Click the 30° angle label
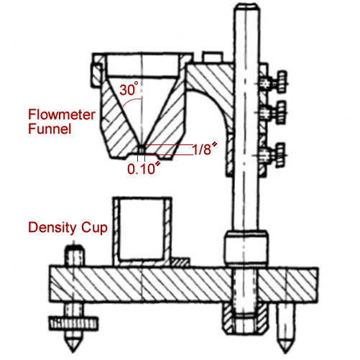[129, 89]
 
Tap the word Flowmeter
[62, 114]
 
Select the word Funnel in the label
[50, 129]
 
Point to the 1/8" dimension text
[205, 149]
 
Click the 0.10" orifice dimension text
[144, 168]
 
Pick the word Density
[52, 228]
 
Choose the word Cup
[94, 228]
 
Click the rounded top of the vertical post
[246, 6]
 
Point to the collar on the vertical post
[246, 248]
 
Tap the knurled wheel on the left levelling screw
[73, 323]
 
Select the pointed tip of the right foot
[285, 353]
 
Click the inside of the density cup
[142, 229]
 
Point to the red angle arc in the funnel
[131, 101]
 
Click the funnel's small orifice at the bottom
[142, 150]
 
